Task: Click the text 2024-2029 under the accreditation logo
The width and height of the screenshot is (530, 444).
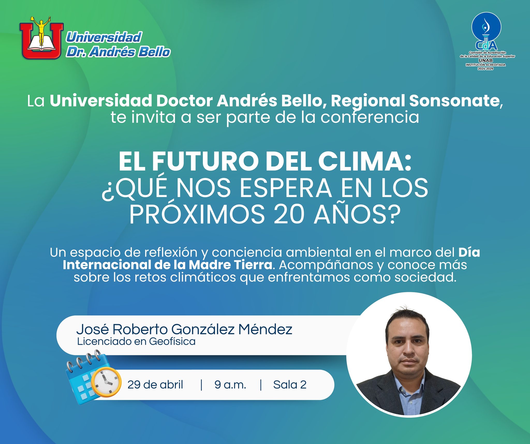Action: pos(485,69)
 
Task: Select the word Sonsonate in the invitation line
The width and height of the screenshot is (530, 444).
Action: pos(454,101)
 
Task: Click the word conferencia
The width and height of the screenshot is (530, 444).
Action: pos(370,117)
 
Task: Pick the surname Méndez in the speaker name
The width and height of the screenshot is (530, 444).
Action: pos(265,329)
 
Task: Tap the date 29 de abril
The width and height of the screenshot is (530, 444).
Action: pos(155,385)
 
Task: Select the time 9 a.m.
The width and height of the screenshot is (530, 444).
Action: pos(230,385)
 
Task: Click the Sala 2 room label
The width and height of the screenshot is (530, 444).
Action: pos(290,385)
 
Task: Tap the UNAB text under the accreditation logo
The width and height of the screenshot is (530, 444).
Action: pos(485,61)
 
